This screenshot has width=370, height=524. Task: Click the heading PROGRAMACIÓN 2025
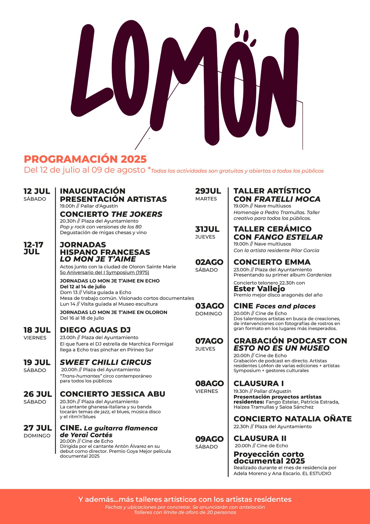coord(85,159)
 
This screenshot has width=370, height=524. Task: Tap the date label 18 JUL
coord(37,330)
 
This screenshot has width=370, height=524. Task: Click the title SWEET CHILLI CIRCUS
coord(106,362)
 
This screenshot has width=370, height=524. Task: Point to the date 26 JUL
coord(38,394)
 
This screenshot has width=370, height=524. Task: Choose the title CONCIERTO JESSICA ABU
coord(112,394)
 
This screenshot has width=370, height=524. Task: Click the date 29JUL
coord(208,191)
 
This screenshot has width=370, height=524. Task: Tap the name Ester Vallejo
coord(259,289)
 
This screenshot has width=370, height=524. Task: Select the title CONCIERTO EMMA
coord(272,262)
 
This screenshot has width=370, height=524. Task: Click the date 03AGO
coord(210,306)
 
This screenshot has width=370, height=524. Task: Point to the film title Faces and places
coord(285,306)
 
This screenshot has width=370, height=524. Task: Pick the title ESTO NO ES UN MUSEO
coord(281,348)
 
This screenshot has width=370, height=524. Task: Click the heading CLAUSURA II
coord(260,438)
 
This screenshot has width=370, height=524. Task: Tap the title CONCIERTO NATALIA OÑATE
coord(293,419)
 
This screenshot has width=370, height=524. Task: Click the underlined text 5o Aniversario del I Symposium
coord(105,272)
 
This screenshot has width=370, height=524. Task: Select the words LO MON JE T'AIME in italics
coord(98,259)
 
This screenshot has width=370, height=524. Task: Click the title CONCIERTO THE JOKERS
coord(111,214)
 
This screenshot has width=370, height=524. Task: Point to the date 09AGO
coord(209,439)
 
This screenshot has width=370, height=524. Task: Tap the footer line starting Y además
coord(185,499)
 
